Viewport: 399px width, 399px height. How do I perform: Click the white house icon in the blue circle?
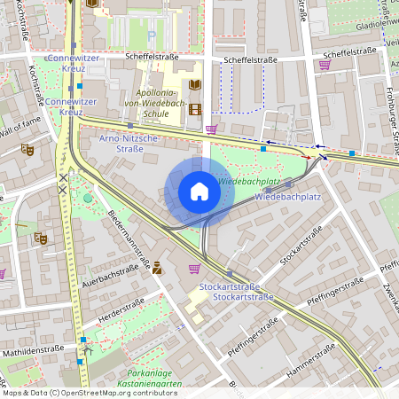(x=199, y=192)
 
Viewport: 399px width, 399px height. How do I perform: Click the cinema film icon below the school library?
(x=195, y=110)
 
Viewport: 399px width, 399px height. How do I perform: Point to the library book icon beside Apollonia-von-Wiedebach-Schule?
(x=195, y=85)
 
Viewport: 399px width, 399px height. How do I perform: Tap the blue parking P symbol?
(x=152, y=35)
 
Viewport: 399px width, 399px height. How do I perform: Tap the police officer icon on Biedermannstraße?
(x=157, y=267)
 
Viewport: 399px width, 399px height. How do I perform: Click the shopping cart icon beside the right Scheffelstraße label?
(x=325, y=64)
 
